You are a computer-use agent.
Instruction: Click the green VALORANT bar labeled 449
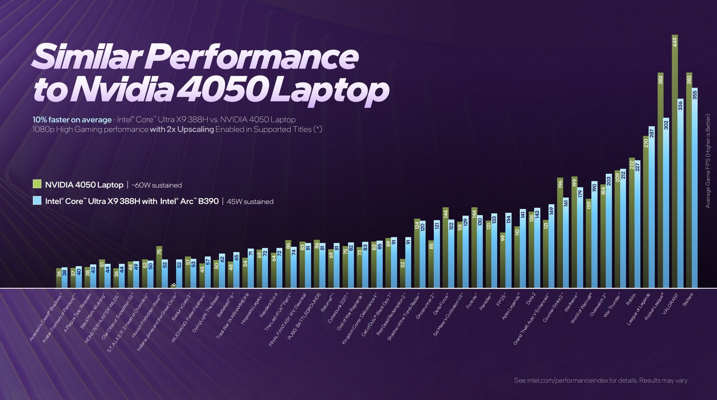click(x=674, y=161)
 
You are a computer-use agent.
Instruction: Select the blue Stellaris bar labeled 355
click(x=695, y=188)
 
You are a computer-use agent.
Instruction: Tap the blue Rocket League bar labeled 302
click(x=666, y=202)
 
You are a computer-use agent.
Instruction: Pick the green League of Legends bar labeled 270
click(x=646, y=211)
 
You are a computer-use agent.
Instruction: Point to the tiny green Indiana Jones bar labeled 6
click(x=173, y=286)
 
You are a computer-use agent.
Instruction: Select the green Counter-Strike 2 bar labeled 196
click(x=560, y=233)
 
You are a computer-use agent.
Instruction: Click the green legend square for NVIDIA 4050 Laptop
click(x=37, y=184)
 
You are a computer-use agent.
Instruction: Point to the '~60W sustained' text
click(x=157, y=185)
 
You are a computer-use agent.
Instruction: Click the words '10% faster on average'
click(x=72, y=120)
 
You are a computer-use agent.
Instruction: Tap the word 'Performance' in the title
click(x=251, y=57)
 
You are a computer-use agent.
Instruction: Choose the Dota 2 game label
click(x=530, y=299)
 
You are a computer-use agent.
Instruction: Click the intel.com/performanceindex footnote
click(x=600, y=380)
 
